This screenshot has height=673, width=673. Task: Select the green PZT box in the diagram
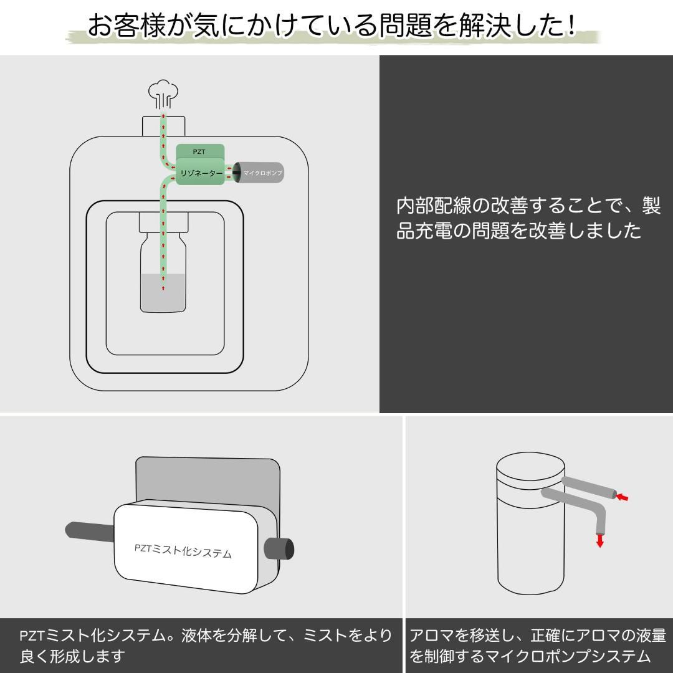(x=199, y=151)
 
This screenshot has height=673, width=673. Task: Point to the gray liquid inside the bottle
(x=163, y=293)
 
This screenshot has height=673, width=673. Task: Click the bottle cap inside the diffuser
(x=163, y=222)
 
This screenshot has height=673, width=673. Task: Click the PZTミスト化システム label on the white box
(x=183, y=550)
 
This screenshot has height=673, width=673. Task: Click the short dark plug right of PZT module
(x=279, y=548)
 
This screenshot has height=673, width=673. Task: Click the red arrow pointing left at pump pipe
(x=622, y=497)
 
